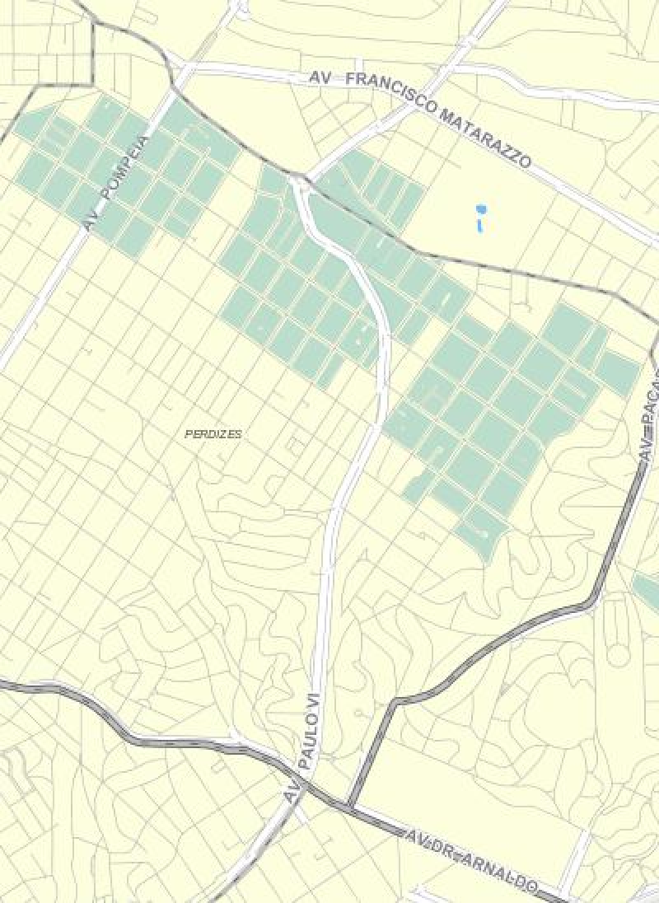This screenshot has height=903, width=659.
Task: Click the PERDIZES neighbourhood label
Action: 213,433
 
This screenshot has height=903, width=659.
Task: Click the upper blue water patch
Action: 479,208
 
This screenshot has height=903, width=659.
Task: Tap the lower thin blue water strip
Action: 479,222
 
